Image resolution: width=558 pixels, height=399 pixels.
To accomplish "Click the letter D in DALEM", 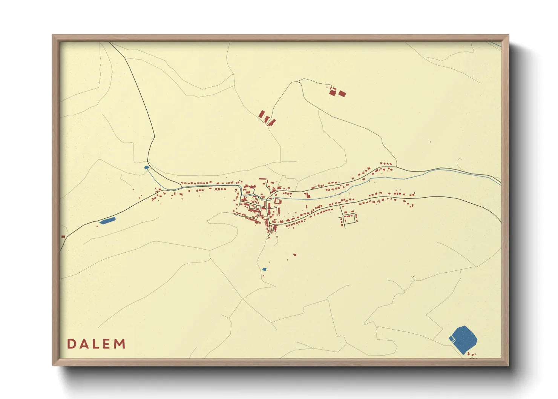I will (71, 344).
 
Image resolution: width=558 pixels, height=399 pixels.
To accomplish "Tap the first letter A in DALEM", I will (84, 344).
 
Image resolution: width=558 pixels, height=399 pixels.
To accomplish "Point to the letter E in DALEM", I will (107, 344).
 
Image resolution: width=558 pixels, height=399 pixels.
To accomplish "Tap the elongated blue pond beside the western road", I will (107, 221).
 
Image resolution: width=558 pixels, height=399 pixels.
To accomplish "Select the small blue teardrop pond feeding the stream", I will (147, 167).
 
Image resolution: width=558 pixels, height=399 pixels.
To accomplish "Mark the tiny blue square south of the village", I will (264, 269).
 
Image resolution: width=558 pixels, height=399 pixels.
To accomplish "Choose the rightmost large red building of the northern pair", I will (342, 94).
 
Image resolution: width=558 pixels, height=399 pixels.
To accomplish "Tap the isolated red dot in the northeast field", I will (430, 142).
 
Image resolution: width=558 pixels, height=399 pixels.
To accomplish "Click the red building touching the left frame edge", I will (63, 236).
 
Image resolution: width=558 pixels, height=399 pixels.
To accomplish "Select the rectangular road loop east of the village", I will (349, 218).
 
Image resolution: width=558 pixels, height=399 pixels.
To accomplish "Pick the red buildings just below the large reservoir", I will (471, 354).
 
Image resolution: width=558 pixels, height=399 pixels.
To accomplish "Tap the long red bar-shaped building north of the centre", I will (263, 179).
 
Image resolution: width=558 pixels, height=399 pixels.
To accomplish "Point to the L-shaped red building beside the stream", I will (307, 195).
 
